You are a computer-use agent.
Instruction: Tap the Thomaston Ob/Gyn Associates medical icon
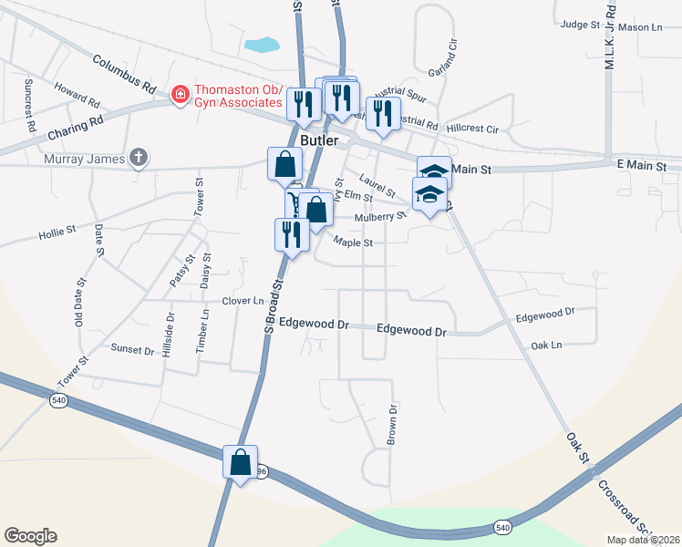181,94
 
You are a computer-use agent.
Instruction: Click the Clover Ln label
242,301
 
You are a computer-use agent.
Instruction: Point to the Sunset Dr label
132,349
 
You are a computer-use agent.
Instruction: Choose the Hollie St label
57,234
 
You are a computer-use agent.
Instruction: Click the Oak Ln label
546,346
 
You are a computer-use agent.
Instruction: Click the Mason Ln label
645,28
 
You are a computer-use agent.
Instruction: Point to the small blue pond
262,44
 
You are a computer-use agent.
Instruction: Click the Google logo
30,536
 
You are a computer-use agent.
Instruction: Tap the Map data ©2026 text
643,540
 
